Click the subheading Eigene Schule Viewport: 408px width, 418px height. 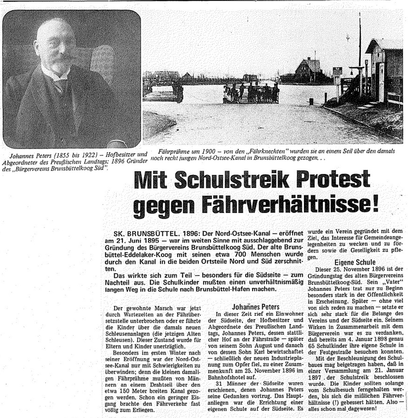[355, 262]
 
